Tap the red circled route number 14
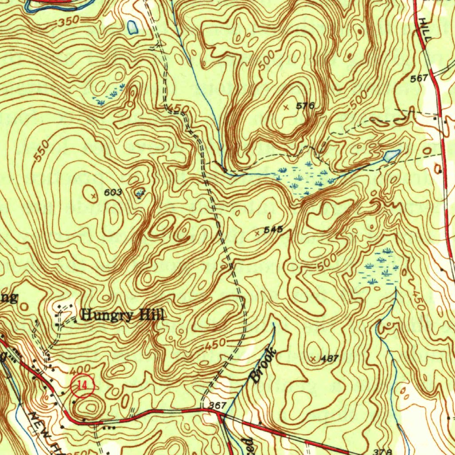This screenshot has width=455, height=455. pos(83,387)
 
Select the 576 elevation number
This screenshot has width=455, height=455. pos(305,106)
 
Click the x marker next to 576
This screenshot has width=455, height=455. pos(286,107)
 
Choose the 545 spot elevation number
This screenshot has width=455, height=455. pos(274,230)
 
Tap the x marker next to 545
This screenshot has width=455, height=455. pos(259,232)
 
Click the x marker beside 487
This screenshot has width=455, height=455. pos(314,358)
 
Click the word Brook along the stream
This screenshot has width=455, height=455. pos(263,365)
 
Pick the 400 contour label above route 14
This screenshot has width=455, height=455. pos(80,369)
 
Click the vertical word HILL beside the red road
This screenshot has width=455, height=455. pos(424,30)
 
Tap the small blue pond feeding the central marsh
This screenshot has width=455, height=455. pos(391,156)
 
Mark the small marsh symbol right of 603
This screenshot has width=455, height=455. pos(141,193)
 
